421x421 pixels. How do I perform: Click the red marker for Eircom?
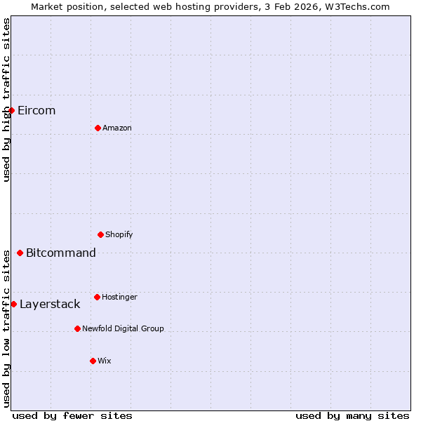coord(11,110)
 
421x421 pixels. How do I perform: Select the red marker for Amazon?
coord(98,128)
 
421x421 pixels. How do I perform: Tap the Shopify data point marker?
coord(100,234)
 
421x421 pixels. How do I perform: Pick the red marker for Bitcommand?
coord(20,253)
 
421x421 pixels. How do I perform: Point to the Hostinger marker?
coord(97,297)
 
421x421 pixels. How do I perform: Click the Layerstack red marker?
coord(13,304)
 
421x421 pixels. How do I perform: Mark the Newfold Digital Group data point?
coord(77,328)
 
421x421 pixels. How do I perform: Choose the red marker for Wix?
coord(93,361)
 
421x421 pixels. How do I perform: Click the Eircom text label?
coord(36,111)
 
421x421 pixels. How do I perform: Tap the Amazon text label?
coord(117,128)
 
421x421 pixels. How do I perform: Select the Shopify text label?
coord(119,235)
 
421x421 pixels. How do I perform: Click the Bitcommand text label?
coord(61,253)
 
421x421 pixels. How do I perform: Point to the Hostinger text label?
coord(119,298)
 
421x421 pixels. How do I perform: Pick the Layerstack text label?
coord(50,305)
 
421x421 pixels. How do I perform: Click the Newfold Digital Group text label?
coord(123,329)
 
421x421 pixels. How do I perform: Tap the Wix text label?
coord(105,361)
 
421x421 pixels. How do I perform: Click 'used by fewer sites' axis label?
coord(72,416)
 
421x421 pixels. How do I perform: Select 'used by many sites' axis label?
coord(352,416)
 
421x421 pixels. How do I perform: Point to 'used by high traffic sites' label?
coord(6,100)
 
